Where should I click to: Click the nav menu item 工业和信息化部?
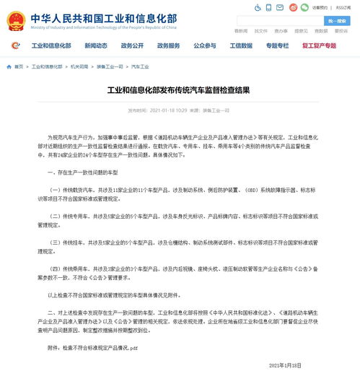tap(51, 45)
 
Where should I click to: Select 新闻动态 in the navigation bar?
tap(95, 45)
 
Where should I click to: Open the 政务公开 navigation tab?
tap(132, 45)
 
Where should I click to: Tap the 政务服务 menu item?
tap(168, 45)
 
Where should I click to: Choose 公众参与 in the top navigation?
tap(204, 45)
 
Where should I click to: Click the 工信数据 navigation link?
tap(241, 45)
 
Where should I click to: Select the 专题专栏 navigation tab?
tap(277, 45)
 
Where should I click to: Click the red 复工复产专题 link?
tap(319, 45)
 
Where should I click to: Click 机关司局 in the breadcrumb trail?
tap(79, 66)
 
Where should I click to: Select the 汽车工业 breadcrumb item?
tap(140, 66)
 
